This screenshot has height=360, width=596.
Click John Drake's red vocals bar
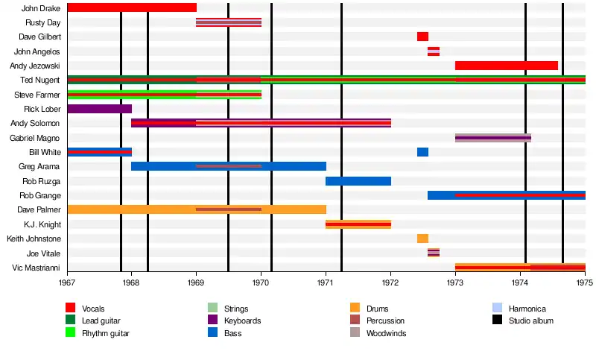click(131, 7)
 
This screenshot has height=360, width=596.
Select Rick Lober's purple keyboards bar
click(99, 109)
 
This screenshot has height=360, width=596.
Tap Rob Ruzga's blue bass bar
click(358, 181)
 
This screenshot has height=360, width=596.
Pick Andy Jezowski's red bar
click(506, 66)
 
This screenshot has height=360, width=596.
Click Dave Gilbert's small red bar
click(422, 37)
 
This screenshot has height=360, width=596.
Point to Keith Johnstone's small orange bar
click(422, 239)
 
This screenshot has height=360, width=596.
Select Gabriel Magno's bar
click(492, 138)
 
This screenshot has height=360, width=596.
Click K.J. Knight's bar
click(358, 224)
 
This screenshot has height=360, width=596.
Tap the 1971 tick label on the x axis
click(326, 283)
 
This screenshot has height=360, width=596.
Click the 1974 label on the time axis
click(520, 283)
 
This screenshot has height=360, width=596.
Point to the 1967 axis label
click(67, 283)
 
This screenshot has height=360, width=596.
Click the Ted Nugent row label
click(41, 80)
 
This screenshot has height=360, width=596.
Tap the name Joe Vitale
click(45, 253)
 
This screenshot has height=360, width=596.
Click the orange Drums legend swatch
click(355, 308)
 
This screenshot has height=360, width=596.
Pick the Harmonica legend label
click(527, 309)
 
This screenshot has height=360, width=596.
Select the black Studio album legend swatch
click(497, 320)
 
